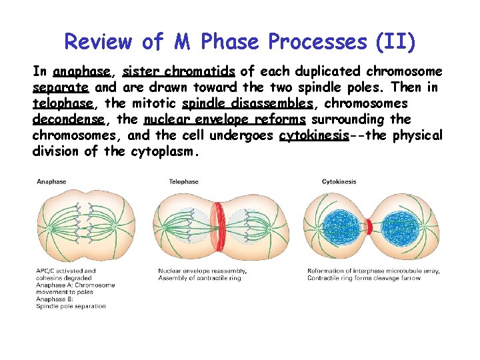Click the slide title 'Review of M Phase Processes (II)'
coord(240,41)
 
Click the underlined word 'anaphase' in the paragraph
coord(83,71)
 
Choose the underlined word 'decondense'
coord(68,119)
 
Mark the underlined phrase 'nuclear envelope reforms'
coord(224,119)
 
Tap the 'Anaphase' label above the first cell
coord(51,181)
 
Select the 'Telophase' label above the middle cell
coord(183,181)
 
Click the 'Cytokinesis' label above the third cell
coord(339,181)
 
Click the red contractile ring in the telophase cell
coord(217,227)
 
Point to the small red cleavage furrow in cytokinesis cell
coord(368,227)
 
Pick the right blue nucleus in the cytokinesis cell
coord(399,227)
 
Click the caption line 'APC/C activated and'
coord(66,271)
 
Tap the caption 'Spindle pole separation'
coord(71,307)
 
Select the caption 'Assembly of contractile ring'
coord(199,278)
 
